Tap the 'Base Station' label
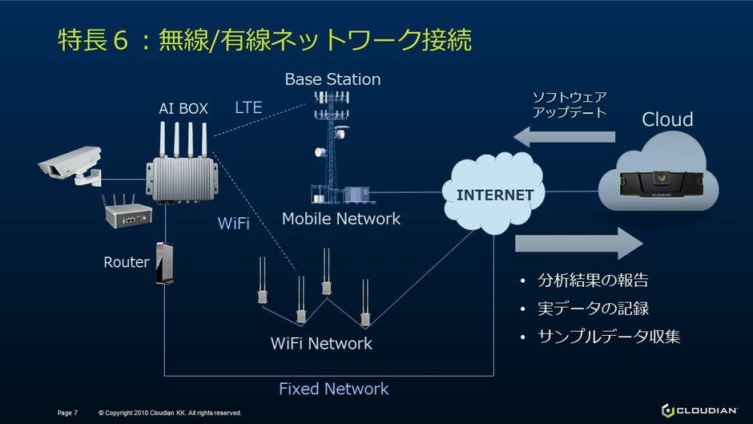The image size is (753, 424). (332, 79)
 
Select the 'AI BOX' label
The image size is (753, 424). (183, 108)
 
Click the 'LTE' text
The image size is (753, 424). (248, 107)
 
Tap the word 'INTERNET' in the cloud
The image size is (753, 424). (494, 195)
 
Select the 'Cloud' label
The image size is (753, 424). (667, 119)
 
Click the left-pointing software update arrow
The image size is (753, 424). (564, 137)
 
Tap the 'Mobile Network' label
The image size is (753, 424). (340, 218)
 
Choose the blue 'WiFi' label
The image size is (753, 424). (233, 224)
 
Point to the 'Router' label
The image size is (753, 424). (127, 262)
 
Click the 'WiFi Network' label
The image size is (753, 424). (321, 343)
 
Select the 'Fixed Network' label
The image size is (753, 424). (333, 389)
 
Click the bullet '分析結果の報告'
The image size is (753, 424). (593, 281)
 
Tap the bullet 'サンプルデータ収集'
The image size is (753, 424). (609, 337)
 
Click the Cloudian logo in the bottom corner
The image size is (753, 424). (699, 410)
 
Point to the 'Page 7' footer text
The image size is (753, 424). (67, 413)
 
